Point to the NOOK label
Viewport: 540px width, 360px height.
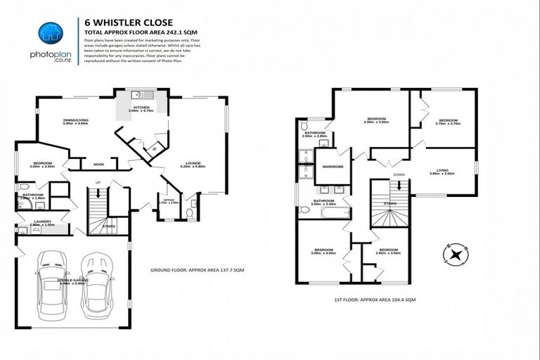pos(98,165)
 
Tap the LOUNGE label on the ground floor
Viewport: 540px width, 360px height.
pos(192,163)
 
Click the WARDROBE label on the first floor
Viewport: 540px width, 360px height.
pos(332,167)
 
